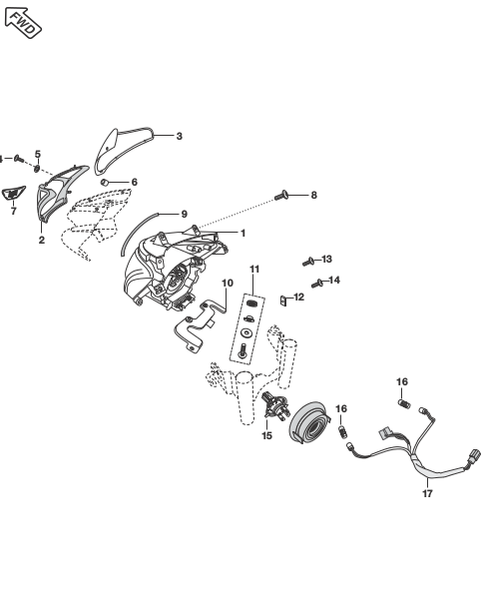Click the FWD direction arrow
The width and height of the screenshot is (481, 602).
[x=23, y=23]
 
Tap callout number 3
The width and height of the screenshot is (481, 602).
[x=180, y=136]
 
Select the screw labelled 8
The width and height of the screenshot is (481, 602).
[x=281, y=196]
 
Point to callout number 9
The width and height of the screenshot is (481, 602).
[x=185, y=214]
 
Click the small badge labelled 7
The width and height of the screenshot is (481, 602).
[x=13, y=193]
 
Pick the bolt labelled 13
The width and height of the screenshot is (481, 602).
[x=308, y=262]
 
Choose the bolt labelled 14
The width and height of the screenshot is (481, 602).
[x=317, y=284]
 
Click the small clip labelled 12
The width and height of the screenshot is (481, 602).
[x=283, y=301]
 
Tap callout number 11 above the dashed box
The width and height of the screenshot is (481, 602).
[x=254, y=270]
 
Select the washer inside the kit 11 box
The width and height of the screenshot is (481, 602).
[x=245, y=332]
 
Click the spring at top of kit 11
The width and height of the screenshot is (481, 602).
[x=251, y=302]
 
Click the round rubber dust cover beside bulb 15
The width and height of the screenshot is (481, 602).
[x=309, y=421]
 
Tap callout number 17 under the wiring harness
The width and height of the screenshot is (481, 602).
[x=427, y=493]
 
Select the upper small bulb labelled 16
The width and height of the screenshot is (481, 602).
[x=404, y=403]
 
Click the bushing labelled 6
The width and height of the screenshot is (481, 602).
[x=105, y=182]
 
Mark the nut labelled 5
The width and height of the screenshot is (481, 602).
[x=37, y=168]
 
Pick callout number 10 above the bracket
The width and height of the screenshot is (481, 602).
[x=228, y=283]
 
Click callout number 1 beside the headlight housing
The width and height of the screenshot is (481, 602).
[x=242, y=233]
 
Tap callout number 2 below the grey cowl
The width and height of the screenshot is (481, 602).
[x=42, y=240]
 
